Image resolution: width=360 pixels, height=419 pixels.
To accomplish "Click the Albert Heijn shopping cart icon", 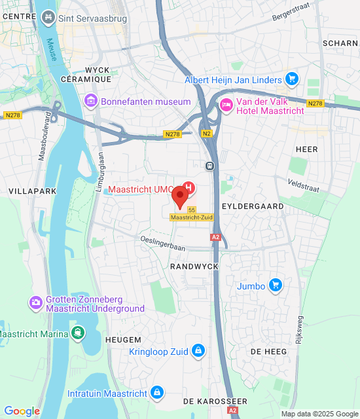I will click(x=292, y=80).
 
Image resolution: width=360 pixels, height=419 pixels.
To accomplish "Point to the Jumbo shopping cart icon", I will click(x=276, y=285).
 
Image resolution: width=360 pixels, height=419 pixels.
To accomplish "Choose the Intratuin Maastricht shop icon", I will click(x=156, y=393).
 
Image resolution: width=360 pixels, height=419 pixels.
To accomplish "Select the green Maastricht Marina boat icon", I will click(x=79, y=333).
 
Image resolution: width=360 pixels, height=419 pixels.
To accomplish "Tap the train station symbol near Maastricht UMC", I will click(x=209, y=166).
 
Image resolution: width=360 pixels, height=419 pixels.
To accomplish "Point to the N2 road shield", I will click(x=207, y=134).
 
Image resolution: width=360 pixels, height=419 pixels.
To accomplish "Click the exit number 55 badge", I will click(x=192, y=209).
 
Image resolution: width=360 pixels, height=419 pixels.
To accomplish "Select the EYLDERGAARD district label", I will click(x=253, y=206).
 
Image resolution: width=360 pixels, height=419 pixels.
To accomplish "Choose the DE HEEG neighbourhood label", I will click(x=269, y=352).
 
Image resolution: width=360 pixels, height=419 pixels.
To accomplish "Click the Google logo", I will click(x=22, y=411).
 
